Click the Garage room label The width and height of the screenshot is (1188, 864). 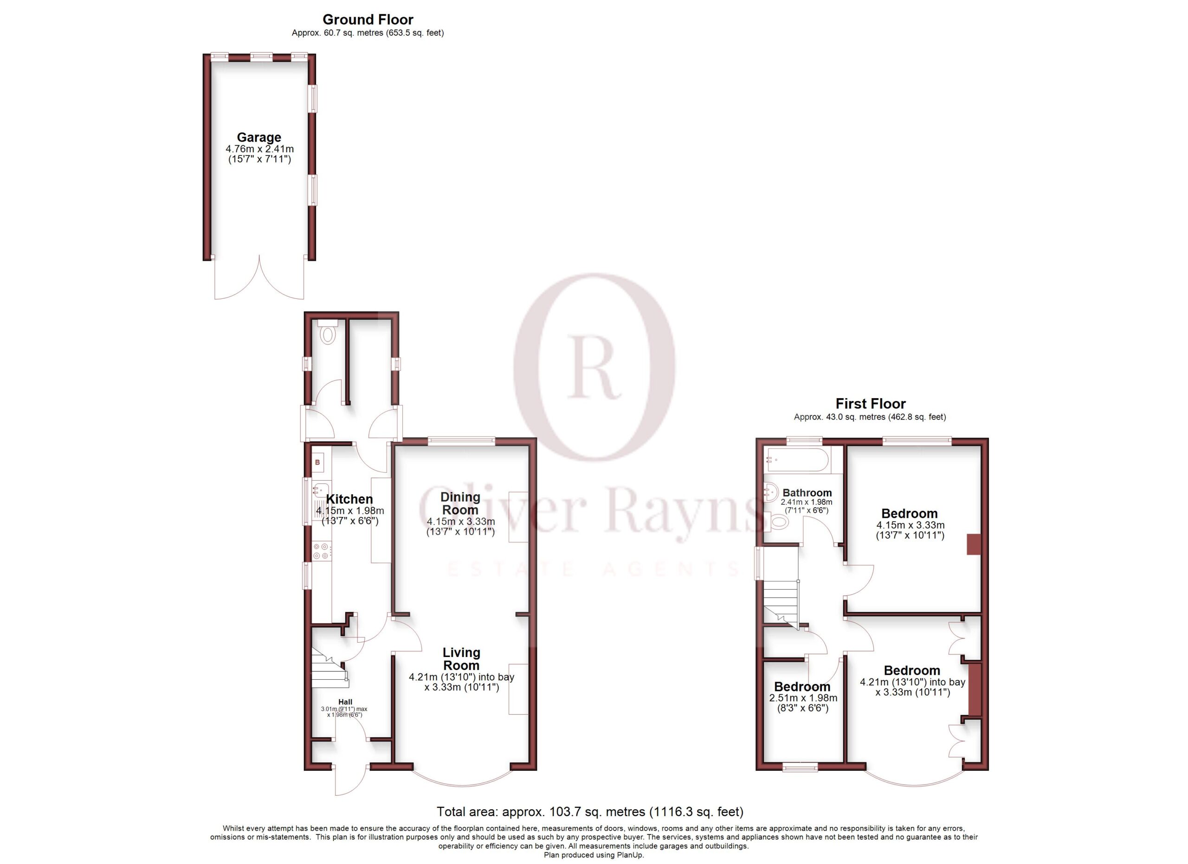259,137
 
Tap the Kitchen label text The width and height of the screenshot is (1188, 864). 349,499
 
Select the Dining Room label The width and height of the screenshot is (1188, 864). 460,503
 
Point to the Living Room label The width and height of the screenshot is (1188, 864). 461,659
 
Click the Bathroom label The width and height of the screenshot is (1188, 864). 807,493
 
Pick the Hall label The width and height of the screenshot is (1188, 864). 345,702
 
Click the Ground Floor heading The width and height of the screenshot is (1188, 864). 368,19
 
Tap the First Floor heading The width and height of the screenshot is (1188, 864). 871,404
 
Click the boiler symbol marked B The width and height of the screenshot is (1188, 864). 317,462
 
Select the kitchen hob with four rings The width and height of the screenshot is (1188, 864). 321,551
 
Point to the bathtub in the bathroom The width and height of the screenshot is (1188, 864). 796,460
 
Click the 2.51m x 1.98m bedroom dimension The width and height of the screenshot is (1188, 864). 803,698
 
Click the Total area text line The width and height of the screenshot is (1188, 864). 590,812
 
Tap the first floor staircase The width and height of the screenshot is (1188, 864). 781,602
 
